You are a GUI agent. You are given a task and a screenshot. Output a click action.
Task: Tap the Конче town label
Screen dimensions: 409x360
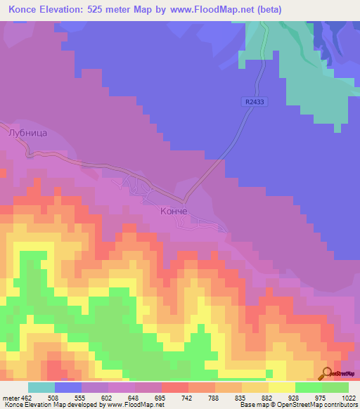(x=173, y=211)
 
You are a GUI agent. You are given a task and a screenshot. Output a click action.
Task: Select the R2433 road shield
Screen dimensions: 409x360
(x=255, y=102)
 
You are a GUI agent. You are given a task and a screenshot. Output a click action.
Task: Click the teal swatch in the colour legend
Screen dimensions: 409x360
(x=41, y=387)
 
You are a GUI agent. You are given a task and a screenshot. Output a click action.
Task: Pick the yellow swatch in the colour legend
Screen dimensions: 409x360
(x=282, y=387)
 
